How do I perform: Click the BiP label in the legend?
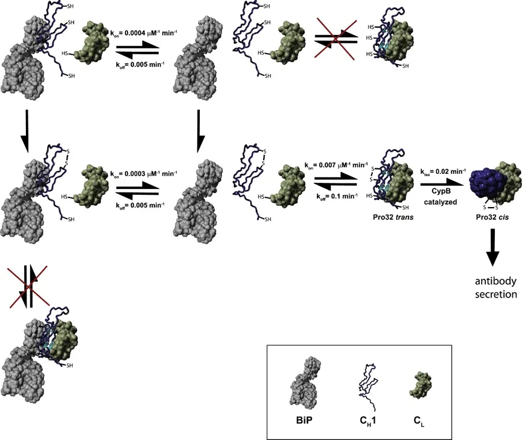pyautogui.click(x=304, y=420)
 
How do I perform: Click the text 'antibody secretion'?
pyautogui.click(x=495, y=288)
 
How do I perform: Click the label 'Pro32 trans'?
pyautogui.click(x=393, y=217)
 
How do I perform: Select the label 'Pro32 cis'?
pyautogui.click(x=492, y=217)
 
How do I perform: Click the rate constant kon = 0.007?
pyautogui.click(x=336, y=165)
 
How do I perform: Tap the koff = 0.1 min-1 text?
pyautogui.click(x=337, y=197)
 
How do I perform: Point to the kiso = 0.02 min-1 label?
pyautogui.click(x=443, y=172)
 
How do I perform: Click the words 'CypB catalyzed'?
pyautogui.click(x=441, y=197)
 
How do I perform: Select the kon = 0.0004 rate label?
pyautogui.click(x=144, y=33)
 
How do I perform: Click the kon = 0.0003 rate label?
pyautogui.click(x=144, y=174)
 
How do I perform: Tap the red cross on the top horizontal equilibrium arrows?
pyautogui.click(x=336, y=40)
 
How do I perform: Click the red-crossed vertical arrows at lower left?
pyautogui.click(x=28, y=286)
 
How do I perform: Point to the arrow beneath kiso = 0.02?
pyautogui.click(x=442, y=183)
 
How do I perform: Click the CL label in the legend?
pyautogui.click(x=419, y=421)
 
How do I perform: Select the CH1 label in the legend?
pyautogui.click(x=368, y=421)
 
